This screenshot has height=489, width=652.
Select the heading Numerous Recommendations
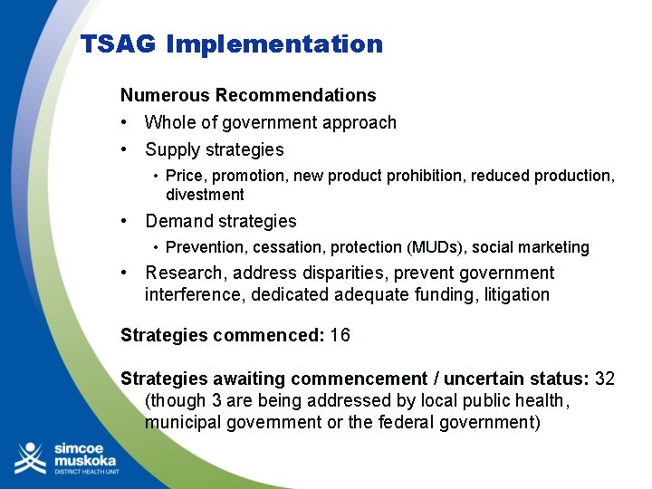(x=248, y=95)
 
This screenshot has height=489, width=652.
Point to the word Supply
(x=173, y=149)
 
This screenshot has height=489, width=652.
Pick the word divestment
(x=205, y=195)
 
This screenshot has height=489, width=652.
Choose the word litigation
(x=516, y=294)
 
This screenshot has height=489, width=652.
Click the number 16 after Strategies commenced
(x=340, y=335)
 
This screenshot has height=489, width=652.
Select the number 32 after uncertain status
(x=604, y=379)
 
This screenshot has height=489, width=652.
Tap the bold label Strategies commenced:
(x=222, y=335)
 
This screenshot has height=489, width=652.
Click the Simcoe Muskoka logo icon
(x=29, y=458)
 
